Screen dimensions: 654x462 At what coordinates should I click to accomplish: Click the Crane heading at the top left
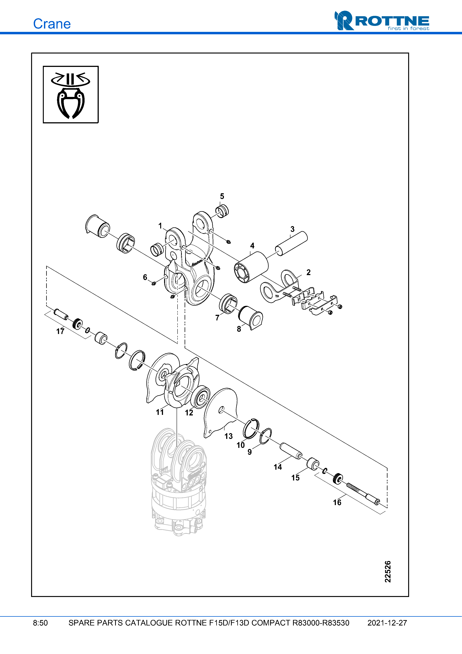click(x=52, y=24)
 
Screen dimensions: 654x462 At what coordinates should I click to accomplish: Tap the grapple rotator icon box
click(x=71, y=94)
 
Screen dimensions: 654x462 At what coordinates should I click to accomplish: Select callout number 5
click(x=222, y=196)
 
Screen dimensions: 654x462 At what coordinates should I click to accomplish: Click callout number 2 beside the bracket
click(x=308, y=272)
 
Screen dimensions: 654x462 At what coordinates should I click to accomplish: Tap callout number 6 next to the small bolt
click(x=145, y=277)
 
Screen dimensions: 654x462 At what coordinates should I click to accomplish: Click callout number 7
click(x=217, y=318)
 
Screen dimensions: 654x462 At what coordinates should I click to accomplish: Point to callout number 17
click(x=60, y=331)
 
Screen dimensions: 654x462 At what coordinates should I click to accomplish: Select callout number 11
click(x=160, y=412)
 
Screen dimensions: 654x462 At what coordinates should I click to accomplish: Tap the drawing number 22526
click(x=388, y=571)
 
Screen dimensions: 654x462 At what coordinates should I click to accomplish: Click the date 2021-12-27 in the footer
click(x=387, y=623)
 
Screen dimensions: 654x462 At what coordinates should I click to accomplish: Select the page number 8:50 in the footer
click(x=40, y=623)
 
